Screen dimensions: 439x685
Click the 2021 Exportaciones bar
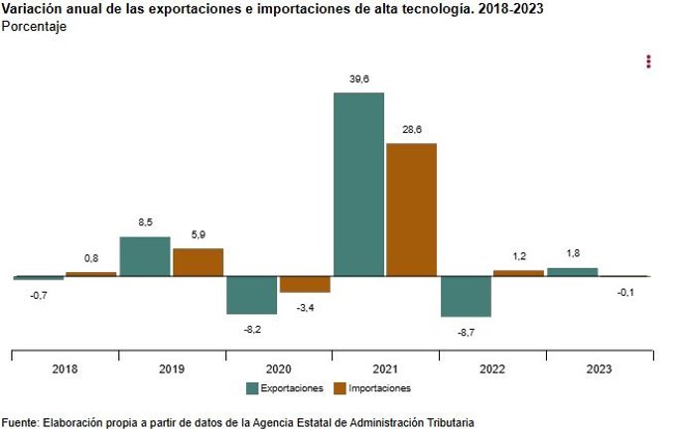[358, 184]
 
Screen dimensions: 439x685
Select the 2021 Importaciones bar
[411, 210]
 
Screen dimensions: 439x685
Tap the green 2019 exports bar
[145, 256]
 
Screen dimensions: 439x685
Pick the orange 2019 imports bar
[198, 262]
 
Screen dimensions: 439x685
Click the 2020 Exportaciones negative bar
[251, 295]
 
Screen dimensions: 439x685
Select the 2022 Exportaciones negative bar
[466, 296]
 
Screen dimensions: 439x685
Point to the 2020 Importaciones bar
[304, 284]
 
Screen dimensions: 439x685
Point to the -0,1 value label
[625, 292]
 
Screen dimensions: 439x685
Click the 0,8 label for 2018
[91, 258]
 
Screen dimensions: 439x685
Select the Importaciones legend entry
[371, 388]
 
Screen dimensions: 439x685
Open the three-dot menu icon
[648, 62]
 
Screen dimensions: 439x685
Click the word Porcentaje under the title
[34, 27]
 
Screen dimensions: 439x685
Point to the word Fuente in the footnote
[20, 422]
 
